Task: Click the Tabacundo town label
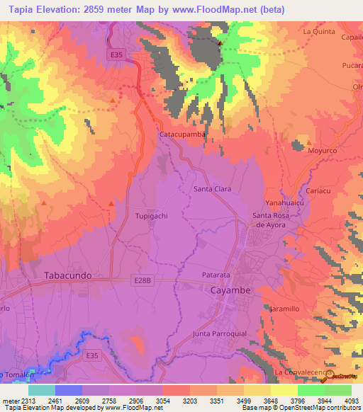click(x=69, y=275)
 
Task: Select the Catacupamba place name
click(x=182, y=134)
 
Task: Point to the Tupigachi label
click(x=152, y=216)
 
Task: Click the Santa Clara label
click(x=213, y=189)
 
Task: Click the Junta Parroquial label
click(x=219, y=333)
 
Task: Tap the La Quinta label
click(x=318, y=31)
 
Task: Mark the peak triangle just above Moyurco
click(x=298, y=144)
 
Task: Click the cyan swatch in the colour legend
click(x=42, y=390)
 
